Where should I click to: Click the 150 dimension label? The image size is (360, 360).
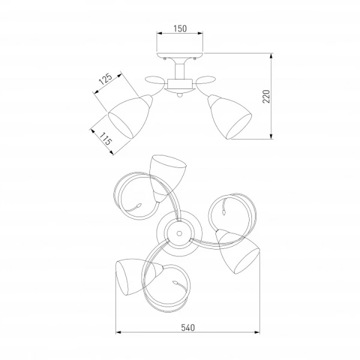(180, 28)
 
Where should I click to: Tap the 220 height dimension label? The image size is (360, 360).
(266, 97)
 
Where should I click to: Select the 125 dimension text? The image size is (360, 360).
(106, 79)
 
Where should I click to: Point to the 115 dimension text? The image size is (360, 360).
(106, 139)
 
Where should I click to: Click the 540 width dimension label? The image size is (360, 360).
(188, 328)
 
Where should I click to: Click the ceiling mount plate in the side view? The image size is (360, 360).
(180, 55)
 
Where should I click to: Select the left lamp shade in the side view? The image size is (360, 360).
(130, 116)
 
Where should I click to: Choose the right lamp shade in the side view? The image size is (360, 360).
(230, 116)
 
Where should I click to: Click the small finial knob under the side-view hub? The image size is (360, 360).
(180, 95)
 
